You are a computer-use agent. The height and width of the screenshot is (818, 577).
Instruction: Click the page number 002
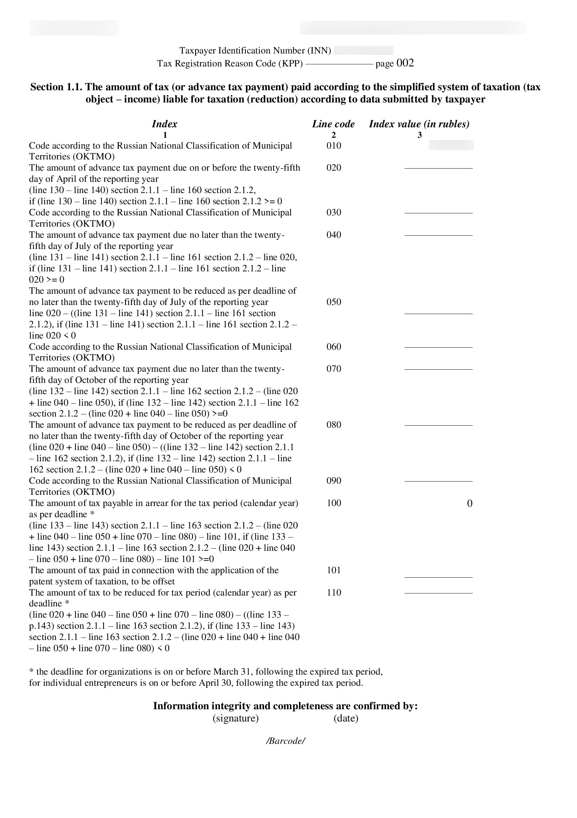[x=405, y=63]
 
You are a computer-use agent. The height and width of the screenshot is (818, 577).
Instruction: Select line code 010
[x=334, y=145]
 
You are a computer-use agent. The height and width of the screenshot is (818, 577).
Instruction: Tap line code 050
[x=334, y=302]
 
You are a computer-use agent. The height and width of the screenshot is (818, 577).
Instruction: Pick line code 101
[x=334, y=570]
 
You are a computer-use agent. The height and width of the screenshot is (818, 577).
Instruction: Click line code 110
[x=334, y=592]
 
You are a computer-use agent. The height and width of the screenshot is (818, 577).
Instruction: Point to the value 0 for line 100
[x=469, y=503]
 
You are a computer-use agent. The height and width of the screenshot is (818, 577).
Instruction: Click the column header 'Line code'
[x=333, y=124]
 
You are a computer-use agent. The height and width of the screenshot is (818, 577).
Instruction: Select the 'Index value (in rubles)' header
[x=419, y=124]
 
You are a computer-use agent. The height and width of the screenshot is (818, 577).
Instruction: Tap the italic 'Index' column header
[x=165, y=124]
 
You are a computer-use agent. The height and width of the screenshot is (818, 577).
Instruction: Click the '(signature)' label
[x=236, y=718]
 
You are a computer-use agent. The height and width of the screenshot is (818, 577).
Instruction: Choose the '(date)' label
[x=346, y=718]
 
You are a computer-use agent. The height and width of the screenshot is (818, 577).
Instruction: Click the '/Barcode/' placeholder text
[x=286, y=741]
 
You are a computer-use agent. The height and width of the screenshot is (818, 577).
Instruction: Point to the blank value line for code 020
[x=439, y=168]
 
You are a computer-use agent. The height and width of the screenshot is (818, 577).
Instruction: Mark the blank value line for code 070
[x=439, y=369]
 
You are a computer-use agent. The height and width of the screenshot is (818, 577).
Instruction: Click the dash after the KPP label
[x=339, y=64]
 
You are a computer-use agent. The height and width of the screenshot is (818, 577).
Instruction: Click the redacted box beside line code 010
[x=451, y=145]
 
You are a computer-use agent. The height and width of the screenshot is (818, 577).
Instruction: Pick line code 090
[x=334, y=481]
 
